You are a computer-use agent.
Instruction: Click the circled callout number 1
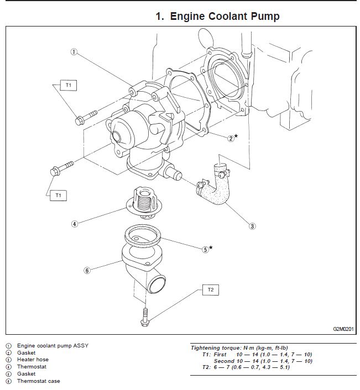(x=74, y=52)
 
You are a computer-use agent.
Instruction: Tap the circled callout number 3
(x=252, y=225)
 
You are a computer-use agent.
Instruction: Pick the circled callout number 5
(x=205, y=249)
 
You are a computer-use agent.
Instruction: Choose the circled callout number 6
(x=87, y=270)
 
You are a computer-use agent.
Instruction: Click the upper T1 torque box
(x=69, y=86)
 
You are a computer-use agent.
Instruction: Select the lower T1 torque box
(x=57, y=194)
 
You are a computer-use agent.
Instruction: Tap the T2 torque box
(x=211, y=289)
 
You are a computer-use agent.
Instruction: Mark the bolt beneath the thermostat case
(x=145, y=317)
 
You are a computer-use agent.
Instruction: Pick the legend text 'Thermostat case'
(x=38, y=381)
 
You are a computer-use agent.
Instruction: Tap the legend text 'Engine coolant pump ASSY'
(x=53, y=345)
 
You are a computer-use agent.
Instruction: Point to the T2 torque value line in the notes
(x=247, y=367)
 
